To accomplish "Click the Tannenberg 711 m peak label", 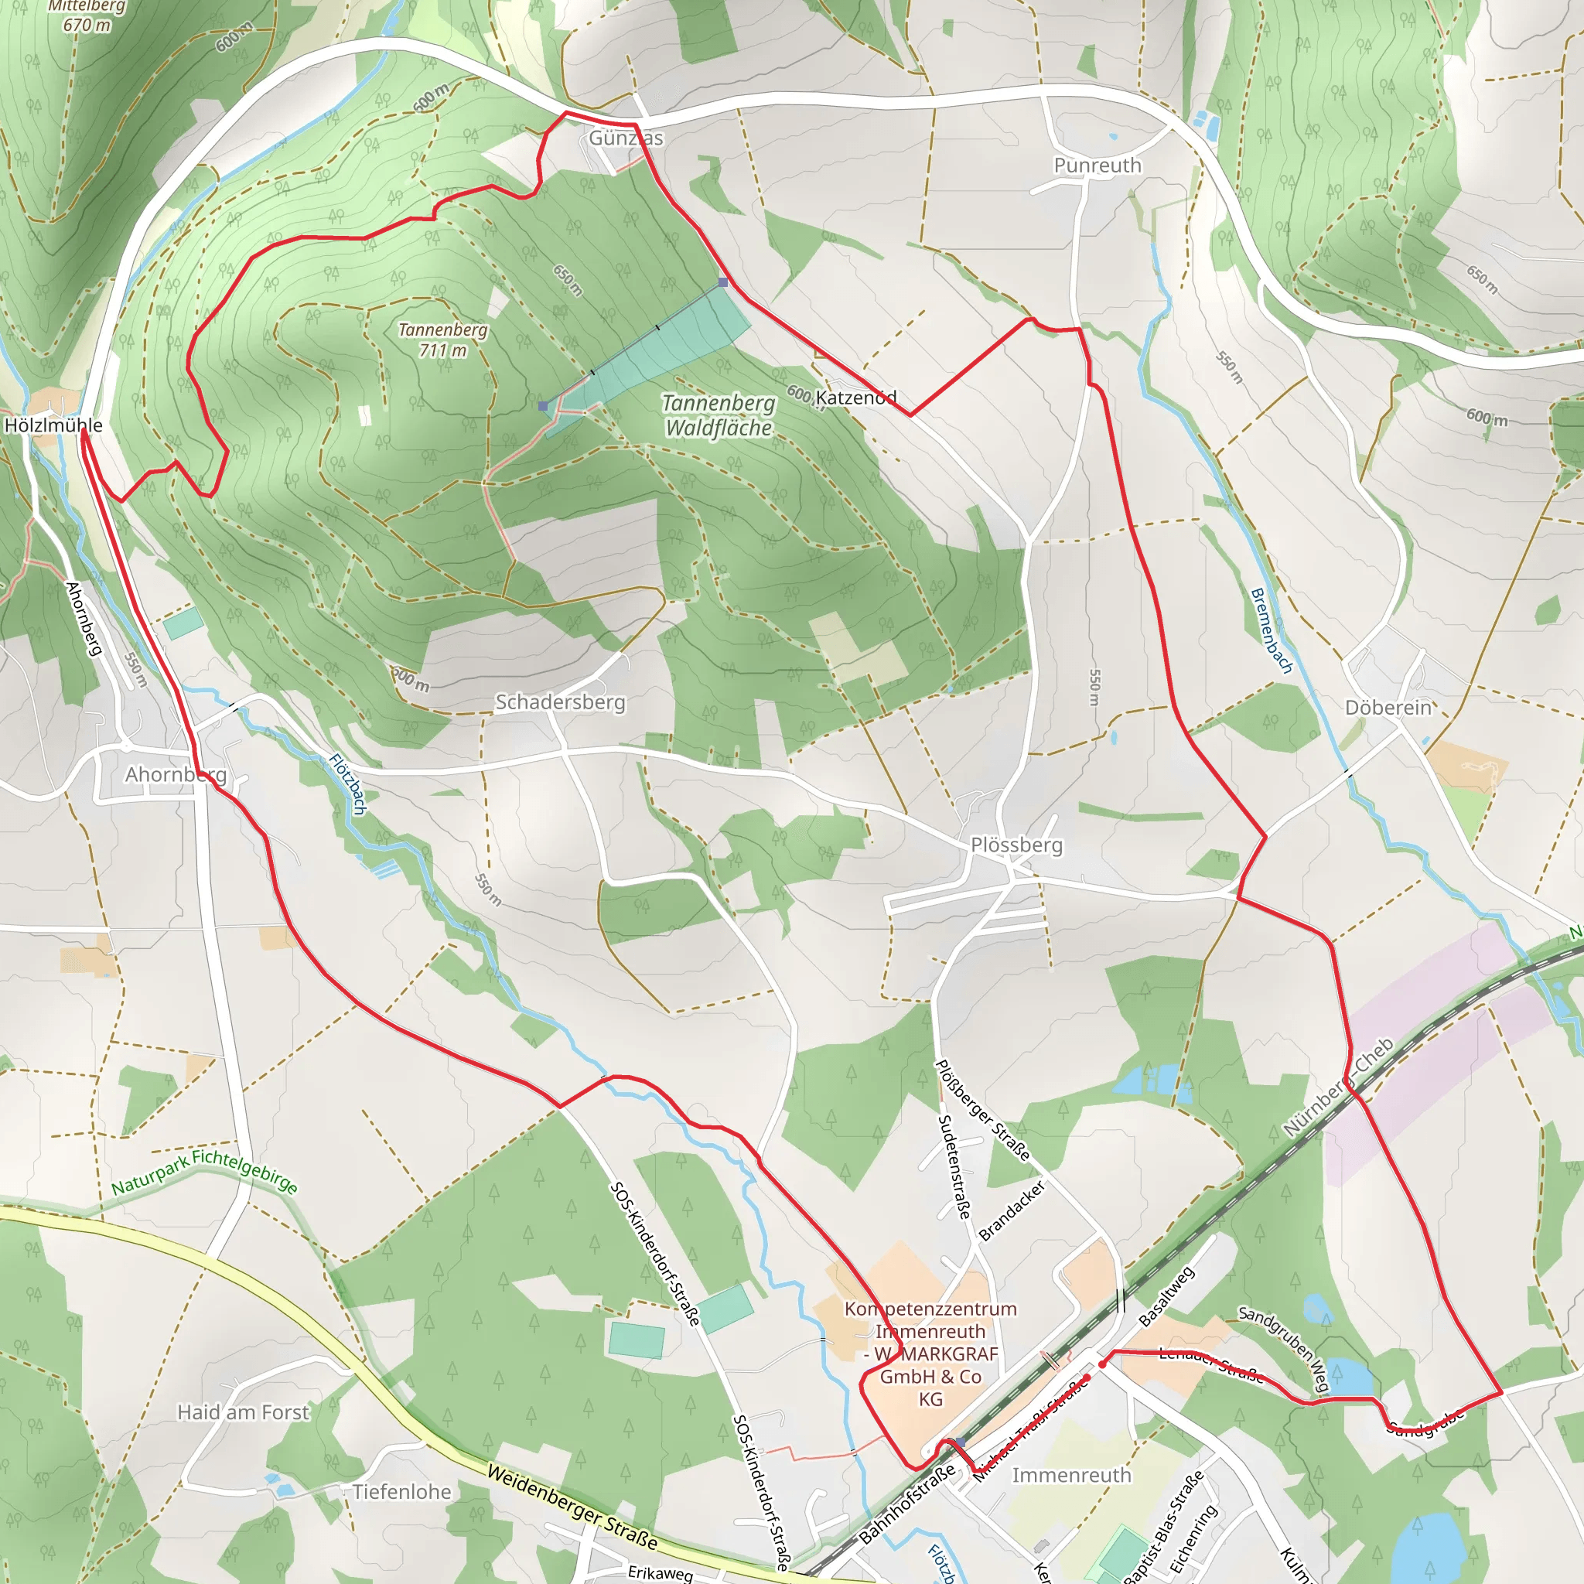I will point(442,340).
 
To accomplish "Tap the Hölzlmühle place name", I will point(54,425).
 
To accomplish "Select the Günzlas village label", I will point(626,138).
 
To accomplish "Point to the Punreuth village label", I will point(1097,166).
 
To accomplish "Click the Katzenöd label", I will point(855,398).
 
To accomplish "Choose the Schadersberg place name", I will point(560,702).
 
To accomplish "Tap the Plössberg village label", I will point(1016,845).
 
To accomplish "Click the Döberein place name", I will point(1388,708).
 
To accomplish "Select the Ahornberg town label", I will point(176,774).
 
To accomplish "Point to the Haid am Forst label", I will point(244,1412).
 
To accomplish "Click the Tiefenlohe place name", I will point(401,1491).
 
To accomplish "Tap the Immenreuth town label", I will point(1070,1475).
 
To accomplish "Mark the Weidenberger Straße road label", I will point(572,1507).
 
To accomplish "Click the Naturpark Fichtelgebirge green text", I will point(204,1173).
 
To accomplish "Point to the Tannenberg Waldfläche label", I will point(719,415).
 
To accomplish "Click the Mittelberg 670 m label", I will point(87,16).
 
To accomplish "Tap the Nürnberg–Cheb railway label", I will point(1338,1087).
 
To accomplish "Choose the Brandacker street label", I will point(1012,1210).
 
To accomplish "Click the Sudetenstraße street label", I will point(954,1166).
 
